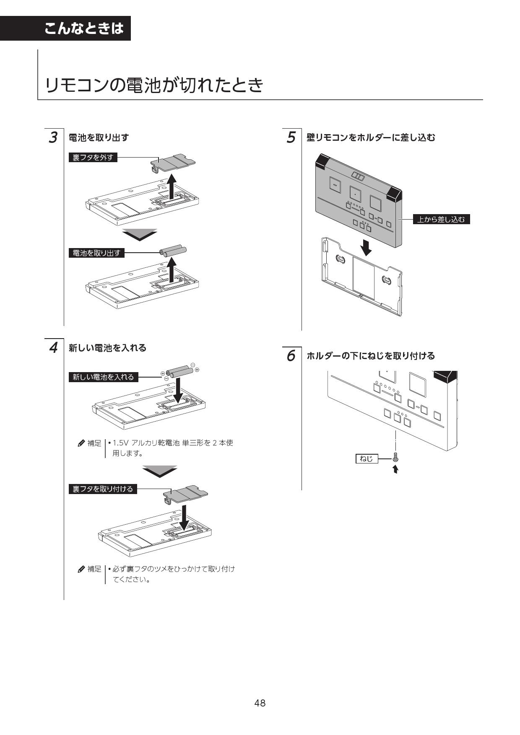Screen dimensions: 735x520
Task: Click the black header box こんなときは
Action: point(83,28)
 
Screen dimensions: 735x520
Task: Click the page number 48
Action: point(260,703)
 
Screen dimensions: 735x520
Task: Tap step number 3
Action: point(53,137)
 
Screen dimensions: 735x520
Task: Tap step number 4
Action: point(53,348)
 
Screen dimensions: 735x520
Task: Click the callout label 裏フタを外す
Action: point(93,158)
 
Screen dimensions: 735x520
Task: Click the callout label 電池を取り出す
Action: point(96,253)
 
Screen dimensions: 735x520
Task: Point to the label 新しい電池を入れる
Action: point(103,377)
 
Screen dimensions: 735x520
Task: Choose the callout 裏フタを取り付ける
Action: point(103,489)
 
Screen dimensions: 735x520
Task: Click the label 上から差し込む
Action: point(441,219)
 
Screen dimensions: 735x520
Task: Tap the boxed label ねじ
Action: point(366,459)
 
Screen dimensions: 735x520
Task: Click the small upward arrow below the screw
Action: point(395,469)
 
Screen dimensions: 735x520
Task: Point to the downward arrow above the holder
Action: point(367,247)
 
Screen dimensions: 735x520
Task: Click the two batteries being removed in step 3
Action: point(173,251)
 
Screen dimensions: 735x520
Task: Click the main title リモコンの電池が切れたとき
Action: point(154,85)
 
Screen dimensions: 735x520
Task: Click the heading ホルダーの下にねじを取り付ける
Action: point(371,356)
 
